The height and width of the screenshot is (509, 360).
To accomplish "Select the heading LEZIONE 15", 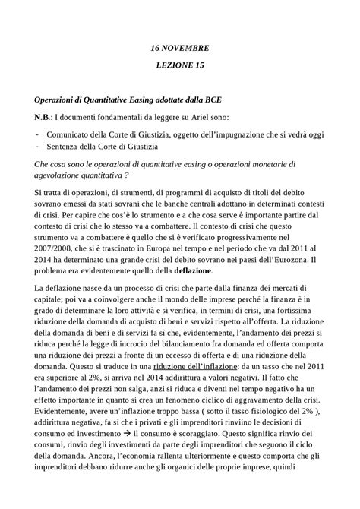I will [x=180, y=66].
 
